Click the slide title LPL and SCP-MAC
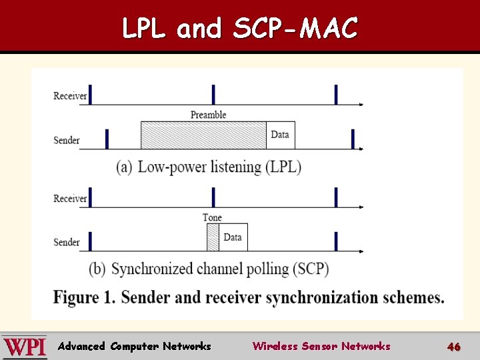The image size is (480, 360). click(x=240, y=28)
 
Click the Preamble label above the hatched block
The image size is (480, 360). click(x=208, y=115)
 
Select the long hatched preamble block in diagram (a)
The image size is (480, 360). click(x=203, y=135)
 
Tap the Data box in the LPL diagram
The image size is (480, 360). click(x=280, y=135)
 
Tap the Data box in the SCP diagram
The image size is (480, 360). click(x=233, y=237)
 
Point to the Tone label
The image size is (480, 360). click(x=212, y=217)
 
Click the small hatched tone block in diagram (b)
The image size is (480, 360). click(x=213, y=237)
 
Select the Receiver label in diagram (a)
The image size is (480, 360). click(x=70, y=96)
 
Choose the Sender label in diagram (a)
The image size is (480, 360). click(x=67, y=140)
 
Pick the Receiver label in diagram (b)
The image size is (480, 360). click(x=70, y=198)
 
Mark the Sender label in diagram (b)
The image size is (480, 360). click(x=67, y=242)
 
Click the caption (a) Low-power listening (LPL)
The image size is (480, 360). click(x=209, y=167)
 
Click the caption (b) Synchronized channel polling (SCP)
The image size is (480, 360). click(x=209, y=269)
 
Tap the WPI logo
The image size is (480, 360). click(x=25, y=347)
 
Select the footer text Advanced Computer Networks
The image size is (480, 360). click(x=134, y=346)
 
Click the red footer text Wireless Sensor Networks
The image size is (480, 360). click(x=321, y=346)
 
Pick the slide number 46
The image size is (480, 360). click(x=454, y=347)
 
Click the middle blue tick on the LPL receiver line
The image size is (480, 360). click(x=213, y=95)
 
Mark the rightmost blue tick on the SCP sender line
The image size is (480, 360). click(x=336, y=241)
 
